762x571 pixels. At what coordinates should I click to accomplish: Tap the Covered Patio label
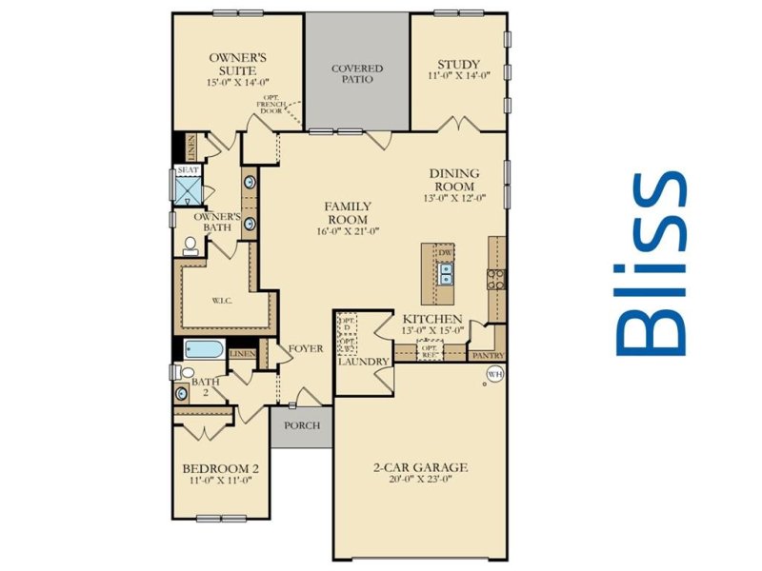[x=357, y=74]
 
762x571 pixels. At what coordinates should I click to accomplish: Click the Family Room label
[x=348, y=212]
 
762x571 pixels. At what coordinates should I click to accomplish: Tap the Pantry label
[x=489, y=356]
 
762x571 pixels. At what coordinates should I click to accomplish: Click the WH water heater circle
[x=493, y=375]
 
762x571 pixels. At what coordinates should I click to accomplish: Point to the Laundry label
[x=363, y=363]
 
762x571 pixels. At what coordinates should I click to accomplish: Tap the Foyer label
[x=306, y=349]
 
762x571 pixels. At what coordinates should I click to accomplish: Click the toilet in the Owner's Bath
[x=190, y=246]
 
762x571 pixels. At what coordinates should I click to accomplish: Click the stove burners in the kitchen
[x=496, y=278]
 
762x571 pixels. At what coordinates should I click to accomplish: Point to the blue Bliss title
[x=652, y=262]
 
